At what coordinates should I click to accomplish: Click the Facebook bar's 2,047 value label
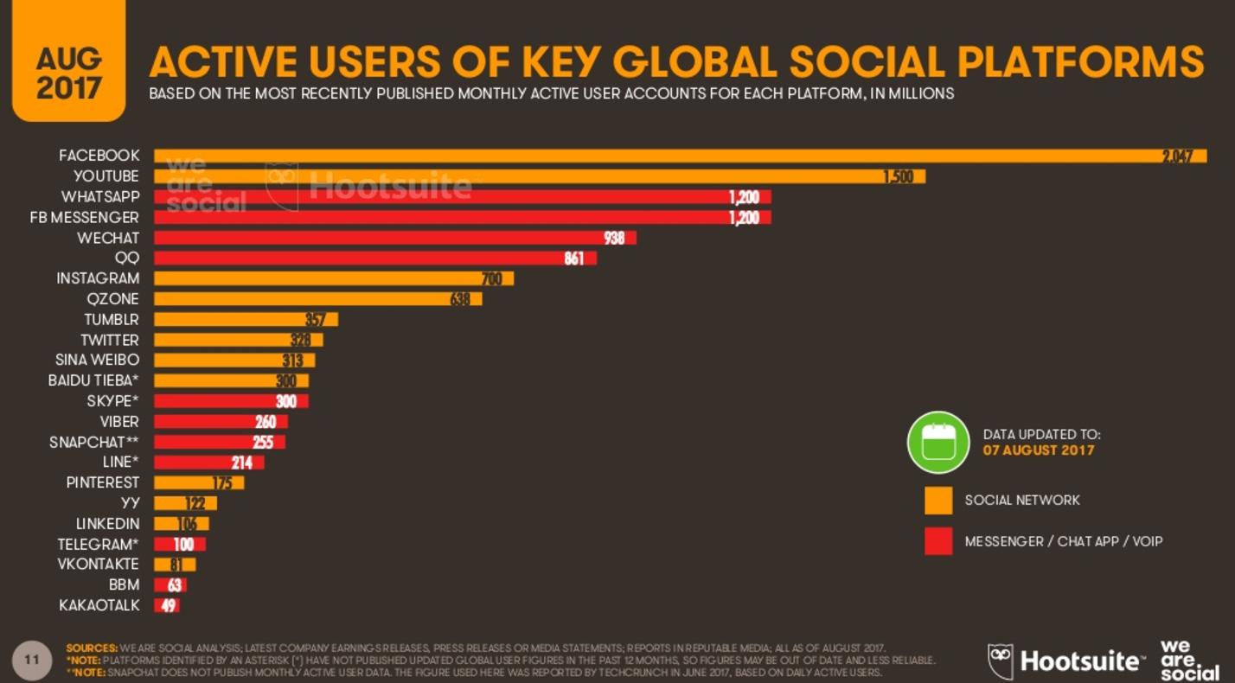[x=1177, y=156]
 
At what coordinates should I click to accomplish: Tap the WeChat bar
[x=394, y=238]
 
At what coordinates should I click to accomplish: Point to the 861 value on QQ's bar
[x=574, y=259]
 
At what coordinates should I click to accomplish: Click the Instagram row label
[x=98, y=278]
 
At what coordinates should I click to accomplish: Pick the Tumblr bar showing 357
[x=246, y=320]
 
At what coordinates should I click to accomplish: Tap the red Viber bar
[x=221, y=422]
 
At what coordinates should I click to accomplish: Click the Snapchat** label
[x=94, y=442]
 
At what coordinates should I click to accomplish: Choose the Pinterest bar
[x=199, y=482]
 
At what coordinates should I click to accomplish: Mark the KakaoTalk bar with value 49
[x=167, y=606]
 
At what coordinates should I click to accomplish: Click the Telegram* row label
[x=98, y=545]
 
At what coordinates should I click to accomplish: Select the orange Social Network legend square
[x=938, y=501]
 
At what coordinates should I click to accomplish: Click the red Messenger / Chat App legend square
[x=938, y=541]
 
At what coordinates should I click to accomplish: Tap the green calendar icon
[x=937, y=442]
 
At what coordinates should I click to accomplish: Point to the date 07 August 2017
[x=1038, y=450]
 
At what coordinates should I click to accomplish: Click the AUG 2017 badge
[x=68, y=73]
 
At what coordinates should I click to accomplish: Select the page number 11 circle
[x=32, y=661]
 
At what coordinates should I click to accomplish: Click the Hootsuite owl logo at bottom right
[x=1001, y=661]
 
